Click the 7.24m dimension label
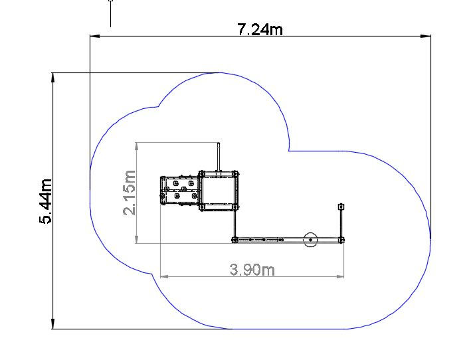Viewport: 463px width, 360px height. click(x=260, y=29)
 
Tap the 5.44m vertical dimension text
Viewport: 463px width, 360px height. click(x=46, y=201)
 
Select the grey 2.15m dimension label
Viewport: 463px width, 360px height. click(x=130, y=193)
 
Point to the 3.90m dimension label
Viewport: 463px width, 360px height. click(x=252, y=270)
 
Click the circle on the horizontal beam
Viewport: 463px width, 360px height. click(x=310, y=240)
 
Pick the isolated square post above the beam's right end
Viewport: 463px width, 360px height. click(x=341, y=207)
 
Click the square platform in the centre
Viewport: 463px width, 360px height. click(x=218, y=191)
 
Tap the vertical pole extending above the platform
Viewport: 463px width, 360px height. click(x=219, y=157)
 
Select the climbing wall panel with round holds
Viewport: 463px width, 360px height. click(x=179, y=191)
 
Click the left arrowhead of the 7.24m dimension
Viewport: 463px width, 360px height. click(x=94, y=36)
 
